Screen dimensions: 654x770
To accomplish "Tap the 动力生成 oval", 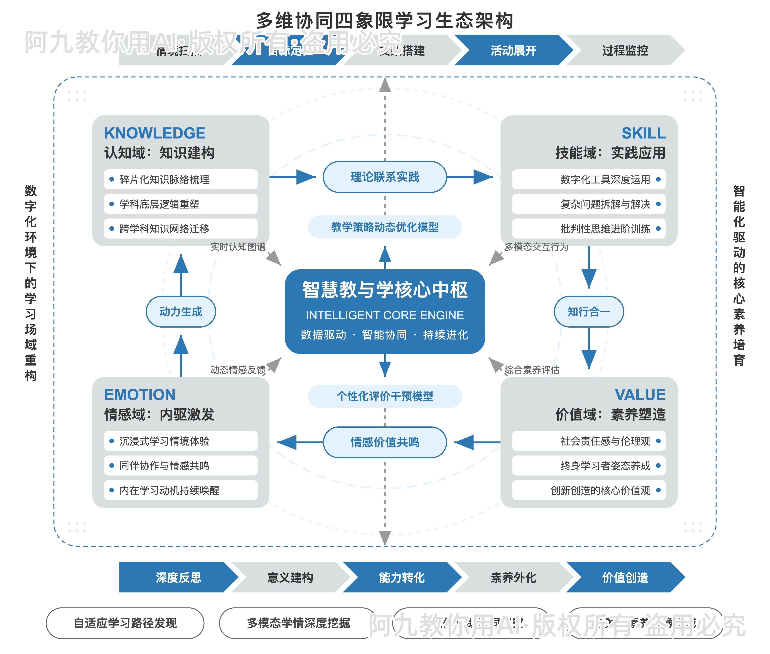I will [x=181, y=311].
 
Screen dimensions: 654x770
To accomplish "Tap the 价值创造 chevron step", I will [x=625, y=577].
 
